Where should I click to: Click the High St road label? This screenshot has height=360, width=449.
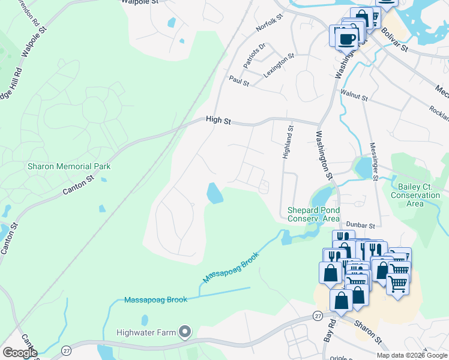[218, 120]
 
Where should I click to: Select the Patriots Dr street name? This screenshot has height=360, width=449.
[255, 55]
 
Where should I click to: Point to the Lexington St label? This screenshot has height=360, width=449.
[279, 65]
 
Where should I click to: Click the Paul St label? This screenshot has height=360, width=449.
[239, 81]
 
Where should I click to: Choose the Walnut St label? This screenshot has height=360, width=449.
[353, 93]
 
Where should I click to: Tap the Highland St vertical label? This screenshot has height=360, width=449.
[288, 142]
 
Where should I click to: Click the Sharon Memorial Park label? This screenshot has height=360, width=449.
[69, 166]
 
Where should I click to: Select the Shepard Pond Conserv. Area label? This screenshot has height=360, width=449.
[313, 214]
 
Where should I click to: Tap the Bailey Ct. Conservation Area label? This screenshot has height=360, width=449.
[415, 195]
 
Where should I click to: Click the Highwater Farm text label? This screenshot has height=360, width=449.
[146, 332]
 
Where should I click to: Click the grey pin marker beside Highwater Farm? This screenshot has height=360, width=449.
[185, 332]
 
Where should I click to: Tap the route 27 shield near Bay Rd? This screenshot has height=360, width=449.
[318, 316]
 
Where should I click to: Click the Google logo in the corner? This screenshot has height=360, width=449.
[20, 352]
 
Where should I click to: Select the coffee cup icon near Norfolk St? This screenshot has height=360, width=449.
[346, 39]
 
